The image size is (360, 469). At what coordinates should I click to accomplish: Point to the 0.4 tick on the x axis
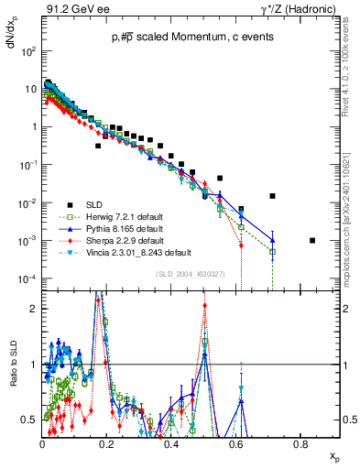[171, 443]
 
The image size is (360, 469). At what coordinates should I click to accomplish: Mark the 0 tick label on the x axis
[42, 443]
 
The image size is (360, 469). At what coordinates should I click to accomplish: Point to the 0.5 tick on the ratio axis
[29, 420]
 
